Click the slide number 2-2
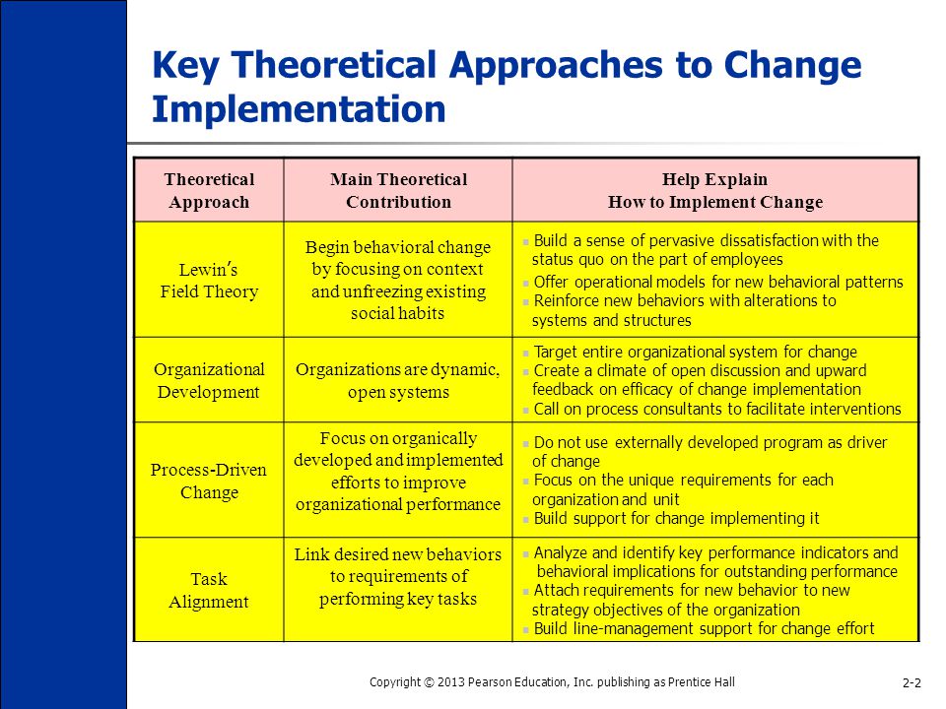pos(912,682)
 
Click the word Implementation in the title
pos(299,110)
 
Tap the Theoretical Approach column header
pos(209,190)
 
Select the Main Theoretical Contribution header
pos(398,190)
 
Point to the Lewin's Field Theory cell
pos(209,281)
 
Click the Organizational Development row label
pos(209,380)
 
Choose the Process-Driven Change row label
pos(209,481)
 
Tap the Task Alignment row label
pos(209,590)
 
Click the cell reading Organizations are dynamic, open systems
pos(398,380)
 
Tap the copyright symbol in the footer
pos(429,682)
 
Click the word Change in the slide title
pos(792,64)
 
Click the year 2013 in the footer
pos(451,682)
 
